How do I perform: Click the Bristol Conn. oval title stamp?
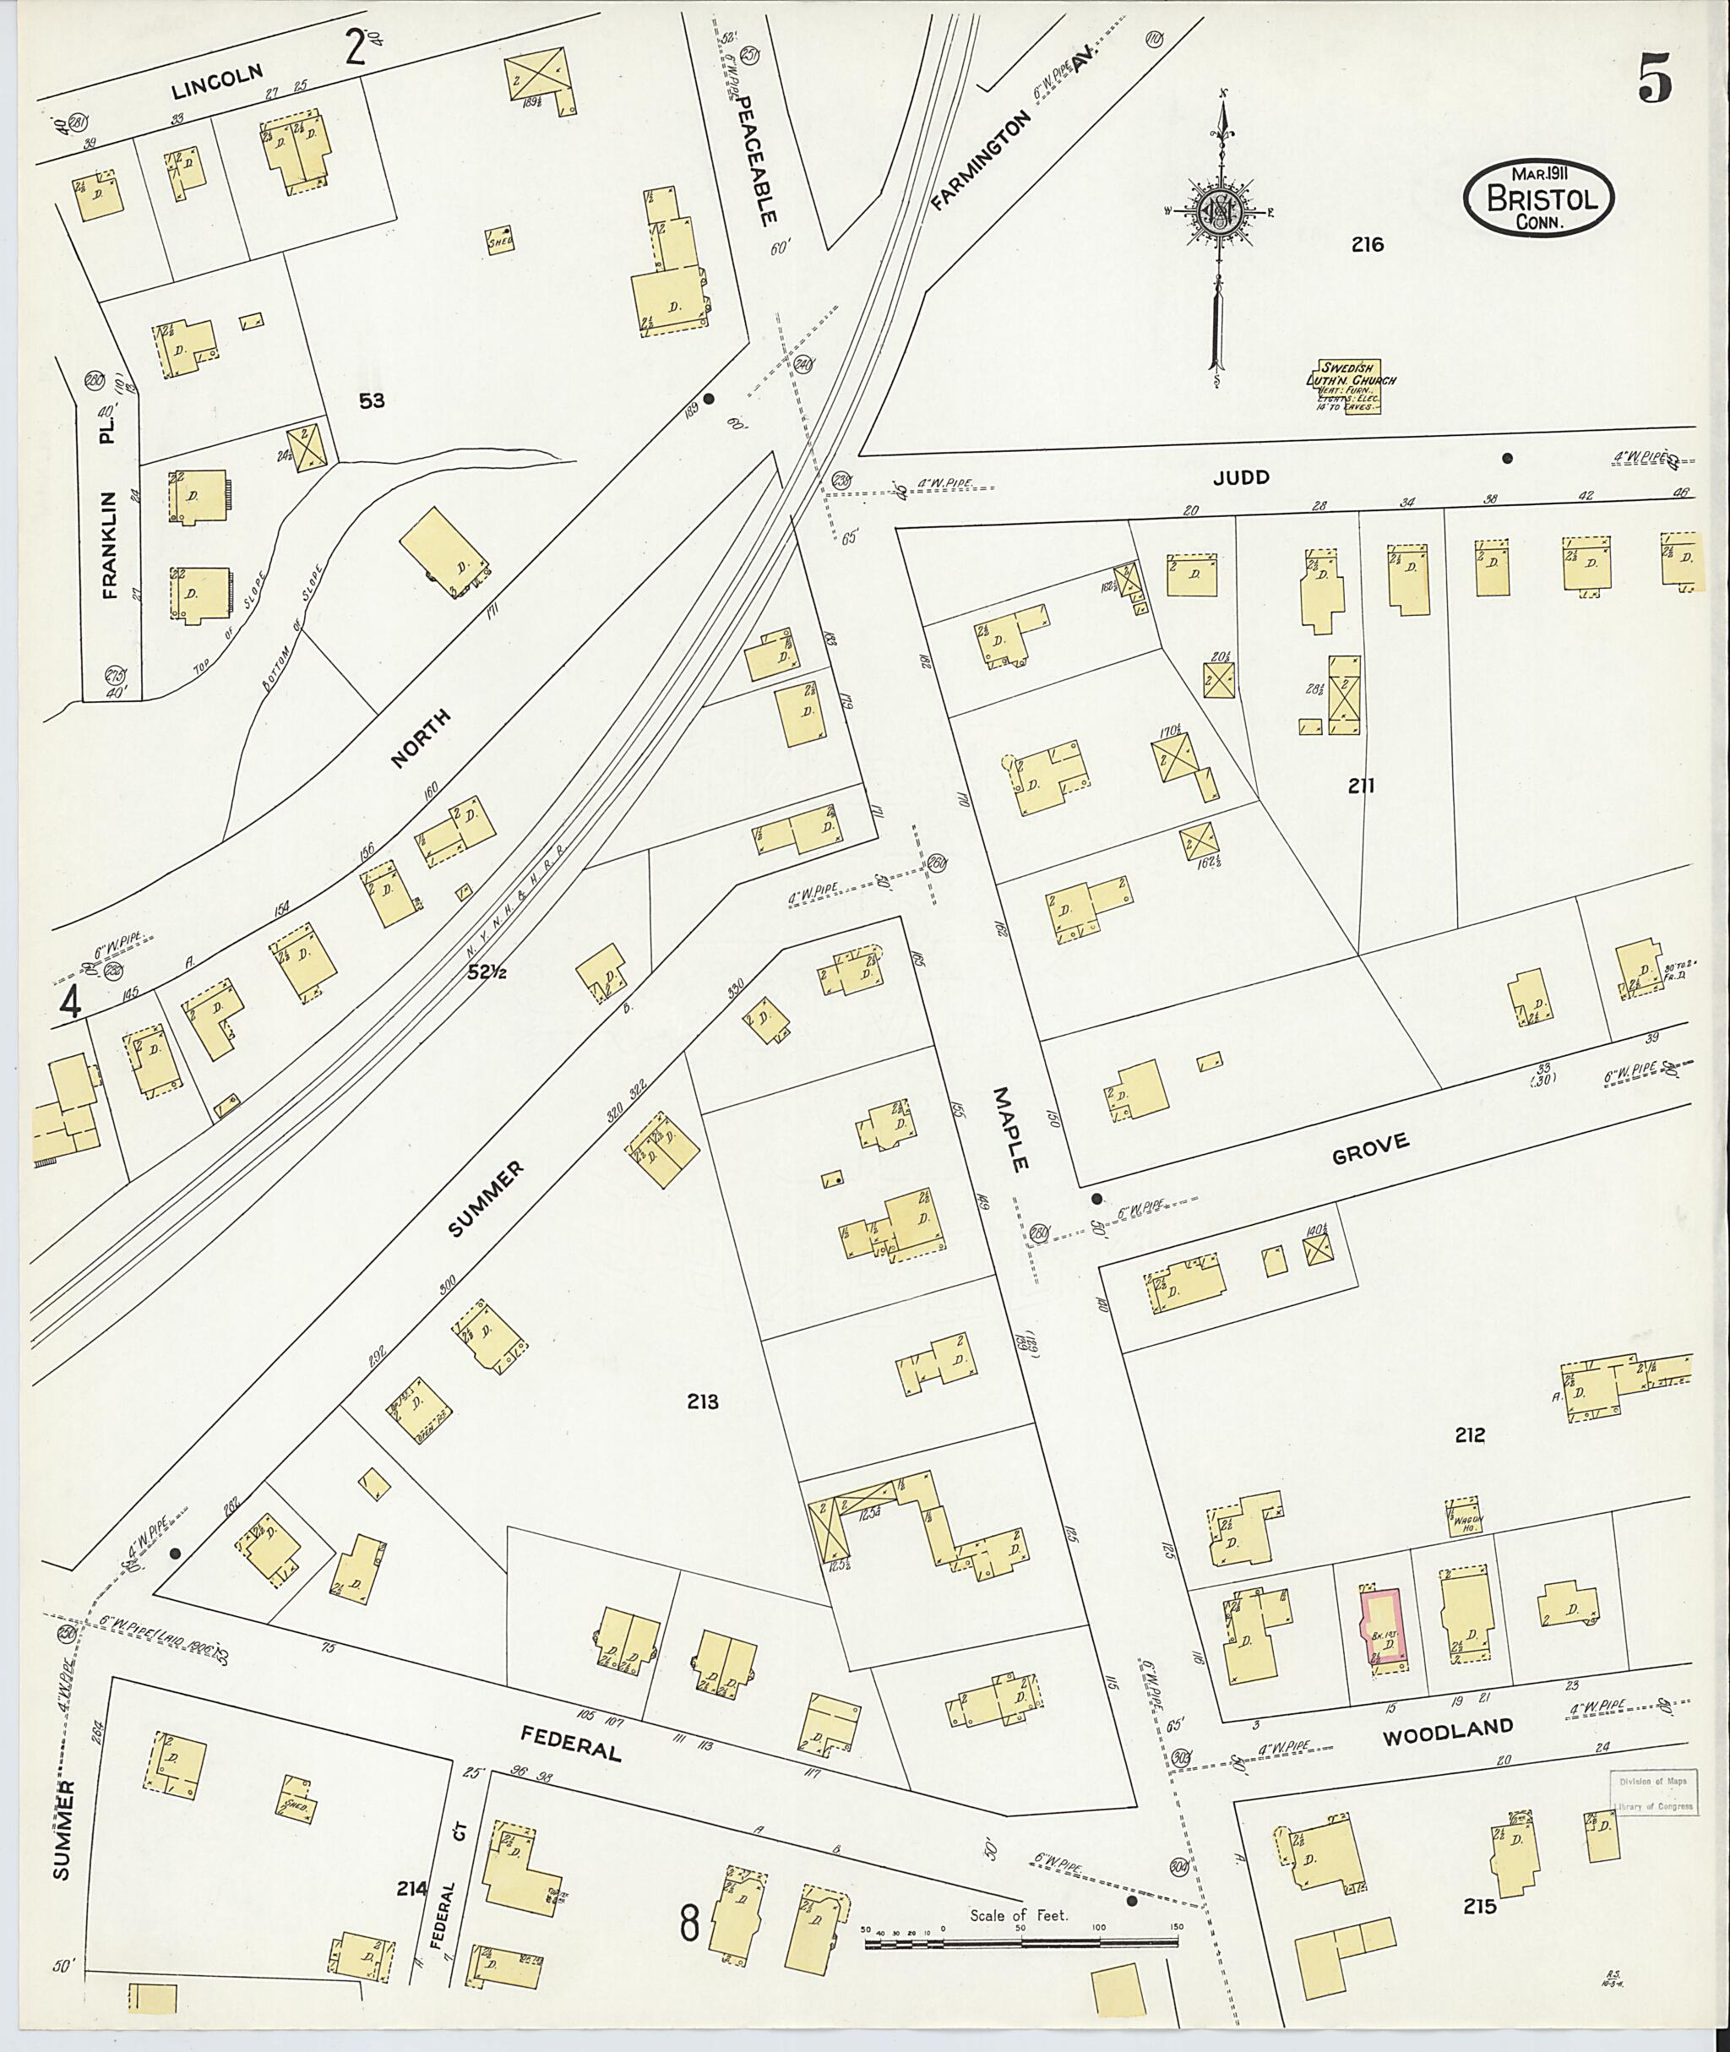(1537, 199)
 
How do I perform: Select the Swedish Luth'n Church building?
(1351, 384)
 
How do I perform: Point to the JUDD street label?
(1241, 477)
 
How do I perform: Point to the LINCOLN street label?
(218, 84)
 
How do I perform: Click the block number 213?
(703, 1402)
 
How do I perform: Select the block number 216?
(1366, 244)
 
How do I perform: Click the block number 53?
(372, 400)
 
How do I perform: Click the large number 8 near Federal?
(690, 1924)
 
